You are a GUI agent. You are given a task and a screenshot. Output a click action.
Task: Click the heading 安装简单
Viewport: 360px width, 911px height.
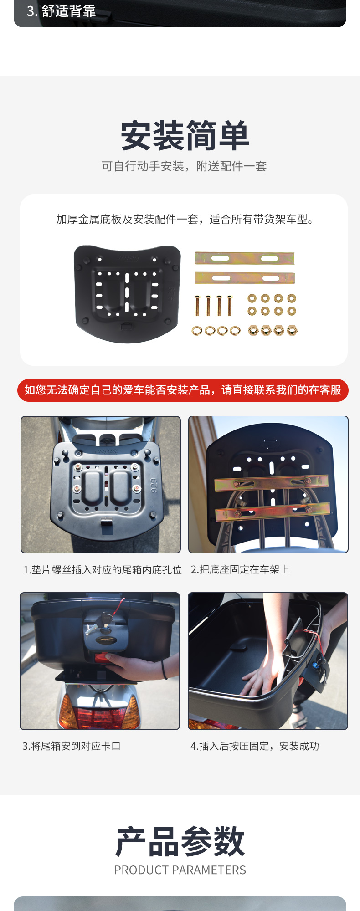[185, 135]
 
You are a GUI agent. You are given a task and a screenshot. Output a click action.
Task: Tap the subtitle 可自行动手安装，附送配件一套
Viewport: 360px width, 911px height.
[184, 166]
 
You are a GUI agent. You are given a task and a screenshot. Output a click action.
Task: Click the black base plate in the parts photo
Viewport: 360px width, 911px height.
[127, 294]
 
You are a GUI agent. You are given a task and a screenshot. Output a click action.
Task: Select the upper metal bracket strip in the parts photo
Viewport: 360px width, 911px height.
[245, 258]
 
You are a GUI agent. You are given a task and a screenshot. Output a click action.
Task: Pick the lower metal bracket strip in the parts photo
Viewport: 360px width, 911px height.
[245, 277]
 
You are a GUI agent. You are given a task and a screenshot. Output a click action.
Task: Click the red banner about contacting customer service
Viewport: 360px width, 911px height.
[183, 390]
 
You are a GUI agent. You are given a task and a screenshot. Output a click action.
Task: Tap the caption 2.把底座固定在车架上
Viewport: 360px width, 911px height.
[240, 569]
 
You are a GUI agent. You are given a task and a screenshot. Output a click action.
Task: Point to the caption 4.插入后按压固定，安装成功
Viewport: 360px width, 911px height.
[255, 746]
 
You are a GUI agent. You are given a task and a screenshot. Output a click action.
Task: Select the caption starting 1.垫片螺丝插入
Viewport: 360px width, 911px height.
[103, 570]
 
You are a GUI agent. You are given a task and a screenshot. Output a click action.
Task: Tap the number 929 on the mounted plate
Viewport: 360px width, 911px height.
[154, 486]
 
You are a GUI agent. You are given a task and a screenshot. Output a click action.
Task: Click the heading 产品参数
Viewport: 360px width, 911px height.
[180, 841]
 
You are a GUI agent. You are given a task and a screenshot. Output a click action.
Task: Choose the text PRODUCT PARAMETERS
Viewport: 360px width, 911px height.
[180, 870]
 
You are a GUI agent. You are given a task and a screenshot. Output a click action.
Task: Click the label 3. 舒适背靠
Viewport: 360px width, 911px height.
[61, 11]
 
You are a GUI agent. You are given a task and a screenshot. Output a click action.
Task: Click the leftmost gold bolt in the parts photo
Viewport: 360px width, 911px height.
[197, 305]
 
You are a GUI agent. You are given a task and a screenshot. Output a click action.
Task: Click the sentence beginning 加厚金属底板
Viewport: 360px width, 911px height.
[185, 220]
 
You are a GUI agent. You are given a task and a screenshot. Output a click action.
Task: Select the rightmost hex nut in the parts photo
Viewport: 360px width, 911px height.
[292, 330]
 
